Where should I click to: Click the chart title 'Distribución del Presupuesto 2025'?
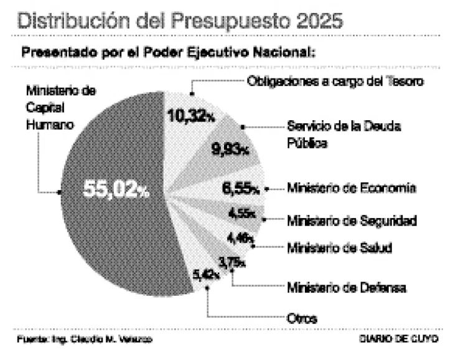(x=180, y=20)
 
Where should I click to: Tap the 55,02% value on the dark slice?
(x=116, y=191)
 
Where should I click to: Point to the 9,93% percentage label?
(x=230, y=149)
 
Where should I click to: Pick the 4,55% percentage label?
(x=241, y=214)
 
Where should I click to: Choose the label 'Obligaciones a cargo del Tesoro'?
(x=335, y=81)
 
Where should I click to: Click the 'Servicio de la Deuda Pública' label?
(x=343, y=134)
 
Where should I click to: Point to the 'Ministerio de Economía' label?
(x=351, y=188)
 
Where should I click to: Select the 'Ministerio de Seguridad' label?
(x=351, y=220)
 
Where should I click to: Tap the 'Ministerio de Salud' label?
(x=339, y=248)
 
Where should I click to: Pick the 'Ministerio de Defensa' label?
(x=346, y=288)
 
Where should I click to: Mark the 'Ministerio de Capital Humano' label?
(x=61, y=107)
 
